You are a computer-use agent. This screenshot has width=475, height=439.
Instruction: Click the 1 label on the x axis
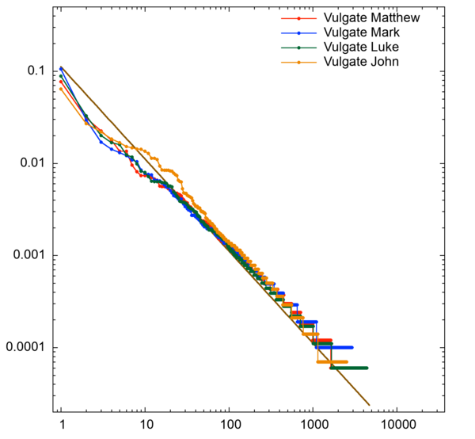click(x=61, y=426)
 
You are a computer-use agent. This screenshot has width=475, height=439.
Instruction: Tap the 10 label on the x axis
click(x=145, y=426)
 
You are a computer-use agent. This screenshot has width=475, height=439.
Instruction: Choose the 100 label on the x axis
click(x=229, y=426)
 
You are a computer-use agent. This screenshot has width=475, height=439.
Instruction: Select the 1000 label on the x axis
click(x=313, y=426)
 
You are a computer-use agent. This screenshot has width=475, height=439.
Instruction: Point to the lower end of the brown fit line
click(x=370, y=405)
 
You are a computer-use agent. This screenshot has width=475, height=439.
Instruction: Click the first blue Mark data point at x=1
click(x=61, y=69)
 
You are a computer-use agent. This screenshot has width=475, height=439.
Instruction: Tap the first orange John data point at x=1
click(x=61, y=89)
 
